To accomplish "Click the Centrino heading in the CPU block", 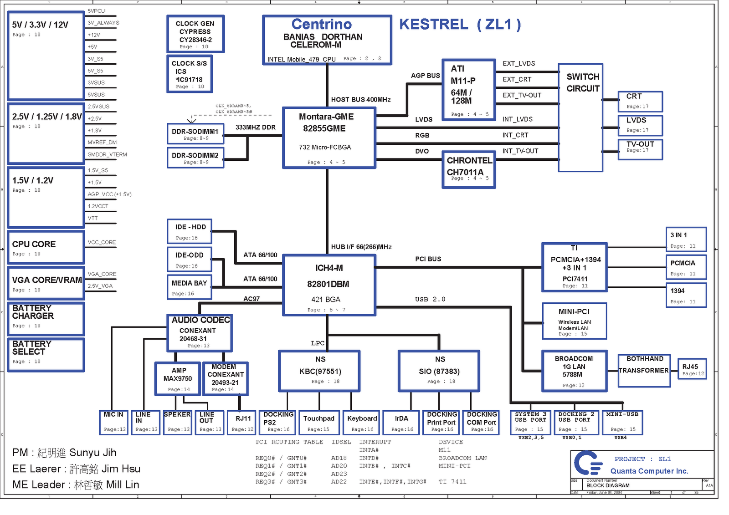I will click(x=322, y=24).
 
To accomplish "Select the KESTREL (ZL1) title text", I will click(x=460, y=24).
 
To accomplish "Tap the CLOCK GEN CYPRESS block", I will click(x=195, y=34).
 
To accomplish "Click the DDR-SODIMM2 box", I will click(x=195, y=158).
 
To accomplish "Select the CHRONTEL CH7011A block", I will click(x=468, y=169).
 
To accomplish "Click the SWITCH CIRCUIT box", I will click(x=580, y=117).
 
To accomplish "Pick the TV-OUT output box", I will click(x=640, y=149).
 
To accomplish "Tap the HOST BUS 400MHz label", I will click(x=360, y=100).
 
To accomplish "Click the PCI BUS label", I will click(x=428, y=259).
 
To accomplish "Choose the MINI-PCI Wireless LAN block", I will click(x=574, y=321).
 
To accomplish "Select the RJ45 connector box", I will click(x=692, y=369).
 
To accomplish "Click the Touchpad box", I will click(x=319, y=423).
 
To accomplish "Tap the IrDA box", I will click(x=401, y=423).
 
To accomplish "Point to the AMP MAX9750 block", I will click(x=178, y=378).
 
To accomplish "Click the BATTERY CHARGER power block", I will click(x=46, y=318).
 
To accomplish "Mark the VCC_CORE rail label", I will click(x=102, y=242).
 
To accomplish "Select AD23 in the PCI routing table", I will click(x=339, y=474).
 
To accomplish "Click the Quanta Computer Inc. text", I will click(x=649, y=471).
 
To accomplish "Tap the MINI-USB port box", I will click(x=622, y=422).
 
